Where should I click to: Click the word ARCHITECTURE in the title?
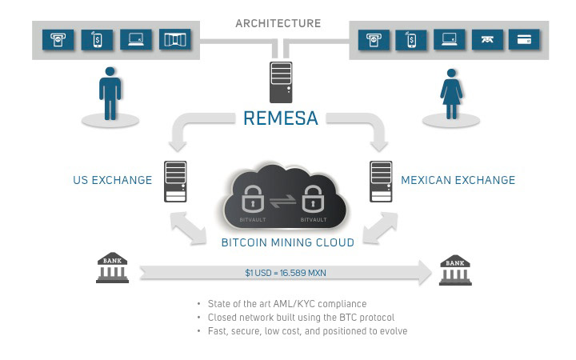click(x=278, y=23)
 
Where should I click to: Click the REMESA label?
click(x=281, y=119)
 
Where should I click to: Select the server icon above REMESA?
click(x=281, y=82)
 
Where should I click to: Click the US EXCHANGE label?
click(x=112, y=180)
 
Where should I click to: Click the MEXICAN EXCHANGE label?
click(x=458, y=180)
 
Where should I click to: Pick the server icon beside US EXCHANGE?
click(x=175, y=180)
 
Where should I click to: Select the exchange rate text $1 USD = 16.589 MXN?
click(x=286, y=273)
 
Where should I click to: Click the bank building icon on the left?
click(x=112, y=268)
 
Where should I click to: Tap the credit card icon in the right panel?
click(x=524, y=39)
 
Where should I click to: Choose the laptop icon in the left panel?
click(x=135, y=39)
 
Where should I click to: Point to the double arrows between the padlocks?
click(x=282, y=202)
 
